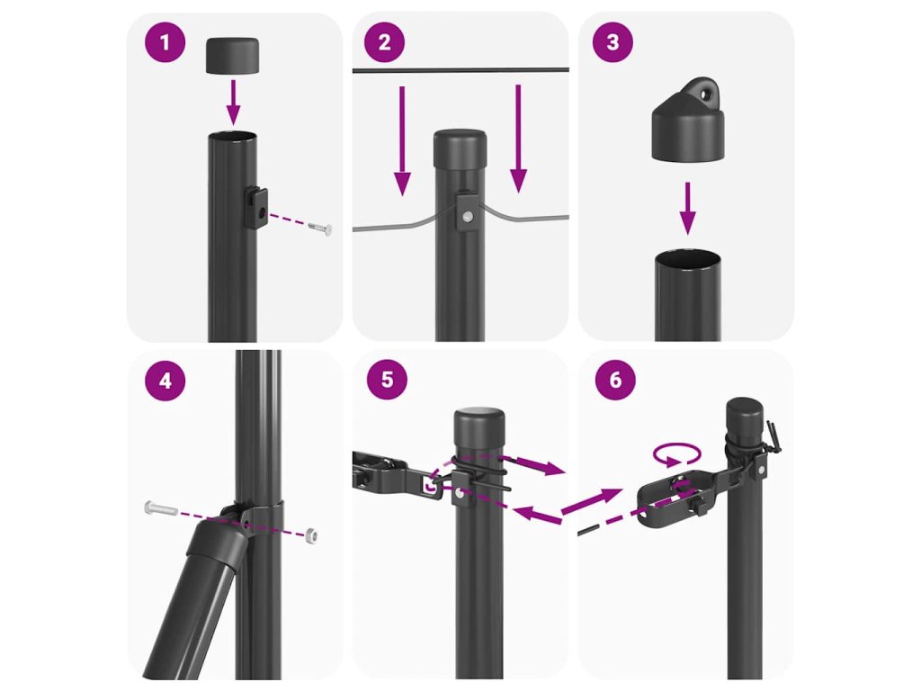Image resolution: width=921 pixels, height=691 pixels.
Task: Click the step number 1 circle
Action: [x=165, y=42]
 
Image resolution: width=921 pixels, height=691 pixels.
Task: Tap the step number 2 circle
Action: [x=385, y=41]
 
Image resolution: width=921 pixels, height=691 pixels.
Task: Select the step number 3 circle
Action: [x=613, y=41]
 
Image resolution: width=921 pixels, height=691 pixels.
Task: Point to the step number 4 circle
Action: [x=165, y=381]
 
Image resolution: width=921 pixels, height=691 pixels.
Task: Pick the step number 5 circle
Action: [x=387, y=380]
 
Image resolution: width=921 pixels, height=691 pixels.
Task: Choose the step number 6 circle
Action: [x=615, y=380]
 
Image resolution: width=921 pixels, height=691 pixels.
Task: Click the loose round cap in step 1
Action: [x=233, y=55]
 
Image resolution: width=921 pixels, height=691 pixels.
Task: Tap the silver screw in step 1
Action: [x=320, y=228]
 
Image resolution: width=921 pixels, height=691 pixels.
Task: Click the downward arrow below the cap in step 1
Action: [x=233, y=102]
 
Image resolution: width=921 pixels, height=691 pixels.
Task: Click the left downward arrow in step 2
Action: [x=402, y=140]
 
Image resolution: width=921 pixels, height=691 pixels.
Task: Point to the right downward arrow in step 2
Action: [x=518, y=139]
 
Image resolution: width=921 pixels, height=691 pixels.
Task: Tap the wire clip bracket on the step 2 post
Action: [x=467, y=211]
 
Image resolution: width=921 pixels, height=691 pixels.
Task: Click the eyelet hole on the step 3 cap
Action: [x=703, y=92]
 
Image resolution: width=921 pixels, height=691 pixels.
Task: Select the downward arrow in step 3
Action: [x=688, y=209]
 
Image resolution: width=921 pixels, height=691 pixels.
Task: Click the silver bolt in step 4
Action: [x=160, y=507]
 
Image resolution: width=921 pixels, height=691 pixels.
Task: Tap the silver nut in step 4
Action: [x=312, y=534]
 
